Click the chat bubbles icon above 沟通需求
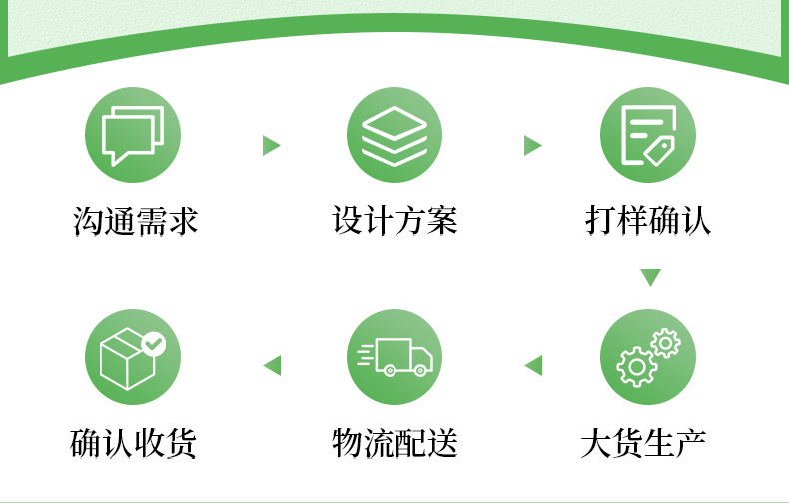coord(134,135)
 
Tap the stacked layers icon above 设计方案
coord(394,135)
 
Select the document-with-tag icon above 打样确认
coord(648,135)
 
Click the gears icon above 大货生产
coord(648,356)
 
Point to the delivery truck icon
coord(394,356)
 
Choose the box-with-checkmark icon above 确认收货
coord(134,356)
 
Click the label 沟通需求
coord(136,221)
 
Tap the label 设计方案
coord(394,221)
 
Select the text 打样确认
coord(648,221)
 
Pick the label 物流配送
coord(394,442)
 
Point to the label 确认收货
coord(134,442)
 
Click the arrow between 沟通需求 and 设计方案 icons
coord(270,146)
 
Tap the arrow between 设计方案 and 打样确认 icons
coord(532,146)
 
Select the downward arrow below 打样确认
coord(650,277)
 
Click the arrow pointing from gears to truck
coord(533,366)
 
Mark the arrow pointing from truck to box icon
coord(272,366)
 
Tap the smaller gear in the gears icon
coord(665,343)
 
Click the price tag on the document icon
coord(659,151)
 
